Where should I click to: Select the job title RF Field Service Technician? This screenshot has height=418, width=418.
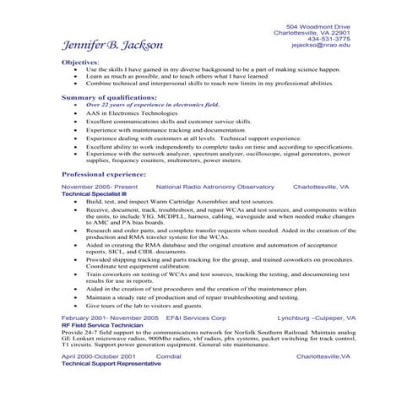100,324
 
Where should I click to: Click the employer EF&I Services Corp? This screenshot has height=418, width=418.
196,318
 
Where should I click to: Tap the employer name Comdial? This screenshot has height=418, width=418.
169,356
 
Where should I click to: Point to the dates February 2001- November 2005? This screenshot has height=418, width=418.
110,318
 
